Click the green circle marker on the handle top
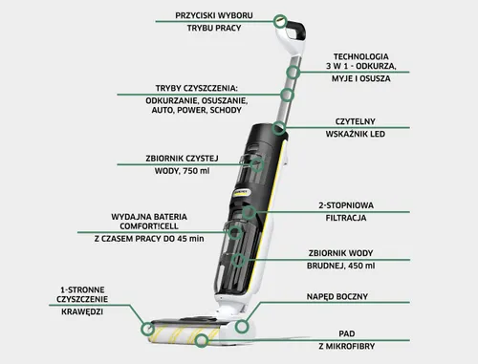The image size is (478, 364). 279,20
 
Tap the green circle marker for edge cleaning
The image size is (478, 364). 147,330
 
